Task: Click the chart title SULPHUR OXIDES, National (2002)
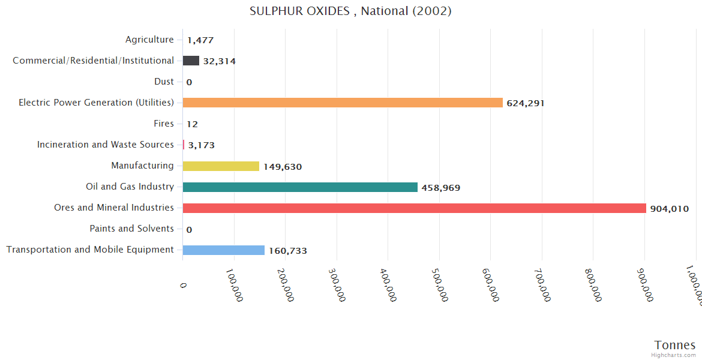(350, 11)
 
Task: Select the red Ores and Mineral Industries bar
(414, 208)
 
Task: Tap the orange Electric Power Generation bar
(343, 103)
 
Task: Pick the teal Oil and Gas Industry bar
(300, 187)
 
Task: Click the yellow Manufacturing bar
(221, 166)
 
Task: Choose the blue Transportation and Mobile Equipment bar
(223, 250)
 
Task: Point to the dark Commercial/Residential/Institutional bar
(191, 61)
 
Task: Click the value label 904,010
(669, 209)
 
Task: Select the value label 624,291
(526, 103)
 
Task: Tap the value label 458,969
(441, 188)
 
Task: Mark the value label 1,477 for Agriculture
(200, 40)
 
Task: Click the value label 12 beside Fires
(192, 124)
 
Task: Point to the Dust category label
(164, 82)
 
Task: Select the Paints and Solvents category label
(131, 229)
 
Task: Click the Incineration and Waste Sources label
(106, 145)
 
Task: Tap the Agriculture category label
(149, 40)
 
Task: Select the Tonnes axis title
(675, 345)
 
